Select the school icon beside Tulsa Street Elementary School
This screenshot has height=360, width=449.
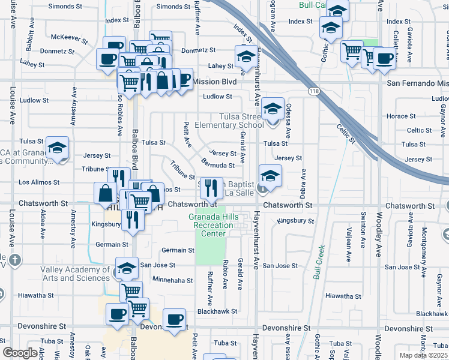click(x=273, y=110)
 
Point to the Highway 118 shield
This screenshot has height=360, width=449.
click(x=313, y=91)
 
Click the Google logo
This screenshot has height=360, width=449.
click(x=20, y=353)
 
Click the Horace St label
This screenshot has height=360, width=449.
click(x=402, y=116)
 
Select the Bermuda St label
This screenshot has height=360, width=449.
click(x=217, y=165)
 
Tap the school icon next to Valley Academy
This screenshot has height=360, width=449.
click(x=126, y=269)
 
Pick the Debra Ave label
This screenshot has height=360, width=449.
click(x=303, y=183)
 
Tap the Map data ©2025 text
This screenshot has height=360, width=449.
click(x=423, y=355)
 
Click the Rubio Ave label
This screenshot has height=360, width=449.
click(x=226, y=277)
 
